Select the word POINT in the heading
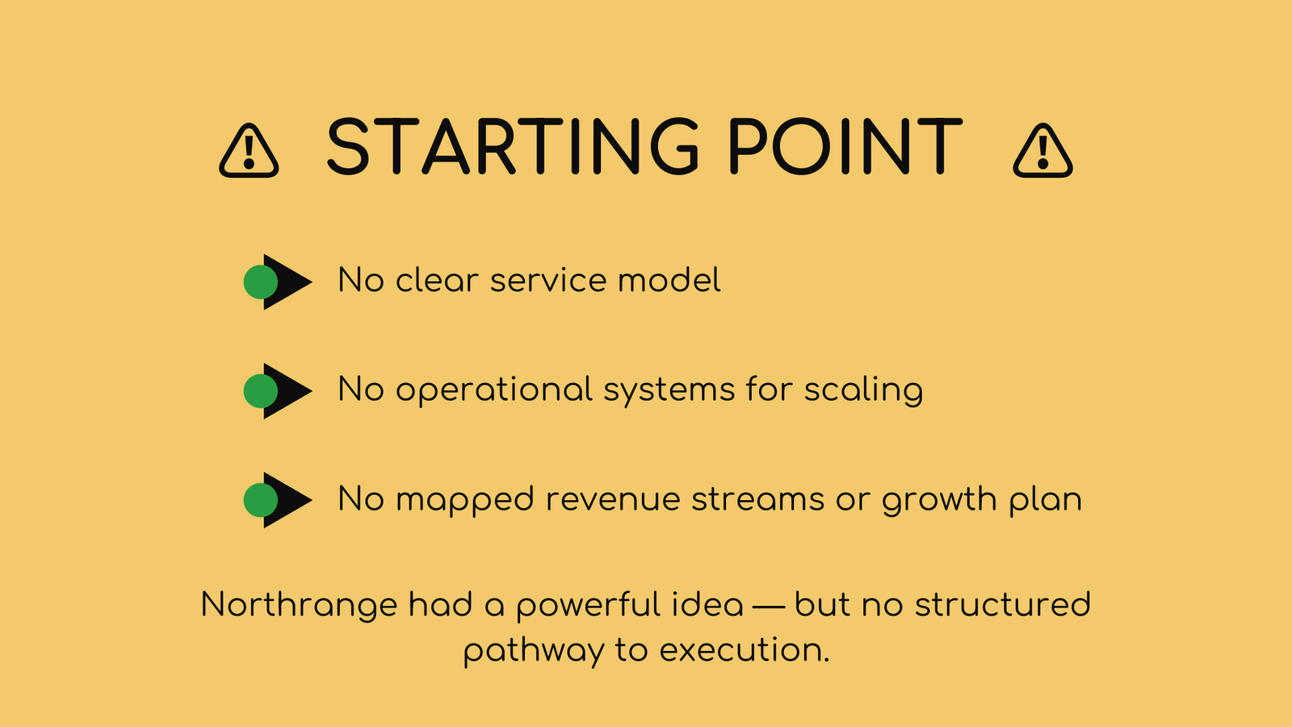(x=845, y=146)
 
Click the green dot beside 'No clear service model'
(x=260, y=282)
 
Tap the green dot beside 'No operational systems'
(x=260, y=391)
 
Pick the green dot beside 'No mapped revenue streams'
(x=260, y=500)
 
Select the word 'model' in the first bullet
(x=669, y=279)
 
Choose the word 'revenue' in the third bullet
(x=613, y=500)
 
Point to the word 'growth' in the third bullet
(x=939, y=500)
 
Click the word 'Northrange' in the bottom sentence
(x=299, y=605)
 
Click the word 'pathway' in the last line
(x=534, y=651)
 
